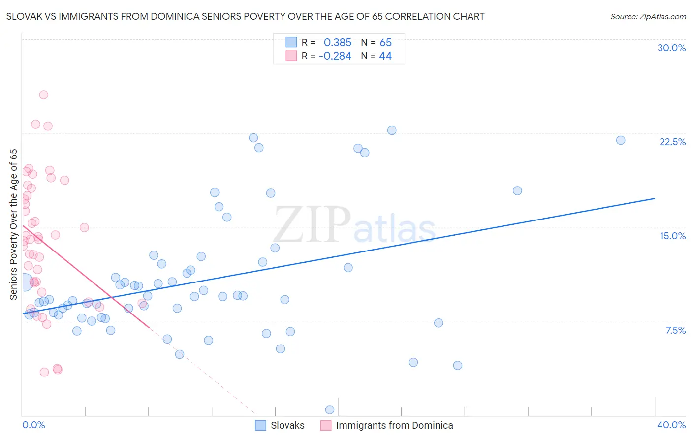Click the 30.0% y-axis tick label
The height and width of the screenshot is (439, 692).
click(671, 48)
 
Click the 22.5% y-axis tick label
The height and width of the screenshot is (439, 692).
click(672, 142)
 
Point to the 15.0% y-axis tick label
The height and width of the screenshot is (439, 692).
click(672, 236)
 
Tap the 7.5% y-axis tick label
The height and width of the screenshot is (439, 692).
click(675, 330)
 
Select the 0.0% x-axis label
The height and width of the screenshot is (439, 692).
click(33, 425)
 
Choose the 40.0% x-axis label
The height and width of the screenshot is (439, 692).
click(671, 425)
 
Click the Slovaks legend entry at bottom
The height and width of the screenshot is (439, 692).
click(287, 425)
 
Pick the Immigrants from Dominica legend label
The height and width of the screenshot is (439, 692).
click(394, 425)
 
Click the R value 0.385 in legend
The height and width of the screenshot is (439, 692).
click(337, 43)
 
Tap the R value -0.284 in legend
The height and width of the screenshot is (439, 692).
click(335, 56)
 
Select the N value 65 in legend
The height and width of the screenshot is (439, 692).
click(385, 43)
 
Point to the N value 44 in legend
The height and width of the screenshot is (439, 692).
click(385, 56)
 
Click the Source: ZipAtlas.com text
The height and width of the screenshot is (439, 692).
click(648, 17)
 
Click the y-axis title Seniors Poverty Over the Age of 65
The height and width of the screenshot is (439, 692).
click(13, 224)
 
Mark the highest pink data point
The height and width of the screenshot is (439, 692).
click(43, 94)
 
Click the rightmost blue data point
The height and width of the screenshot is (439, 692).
click(621, 140)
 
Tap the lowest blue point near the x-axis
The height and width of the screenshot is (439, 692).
click(330, 409)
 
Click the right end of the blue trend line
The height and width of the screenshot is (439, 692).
click(655, 198)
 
